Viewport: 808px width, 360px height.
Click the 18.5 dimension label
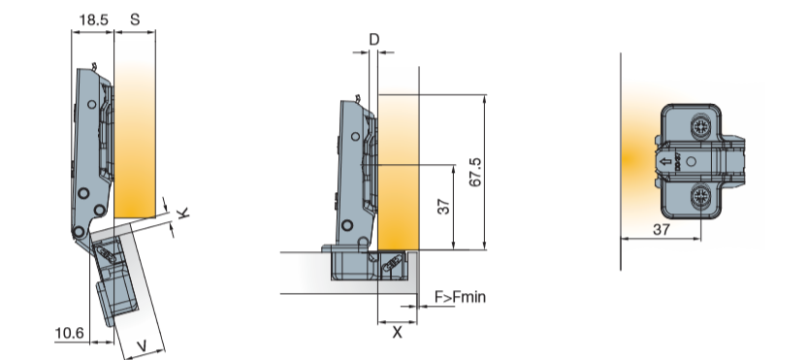click(x=93, y=19)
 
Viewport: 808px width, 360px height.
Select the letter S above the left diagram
click(x=135, y=19)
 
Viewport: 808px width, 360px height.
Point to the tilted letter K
click(x=183, y=212)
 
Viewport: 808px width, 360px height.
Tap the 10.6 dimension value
click(x=69, y=333)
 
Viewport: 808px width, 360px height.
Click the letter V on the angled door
click(x=143, y=345)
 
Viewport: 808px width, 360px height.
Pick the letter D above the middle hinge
click(x=374, y=40)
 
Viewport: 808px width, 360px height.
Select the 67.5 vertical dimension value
click(x=475, y=173)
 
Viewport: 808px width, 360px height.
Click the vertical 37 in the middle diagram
click(x=443, y=207)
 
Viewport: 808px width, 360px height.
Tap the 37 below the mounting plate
click(x=662, y=229)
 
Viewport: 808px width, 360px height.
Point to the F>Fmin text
click(x=460, y=297)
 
